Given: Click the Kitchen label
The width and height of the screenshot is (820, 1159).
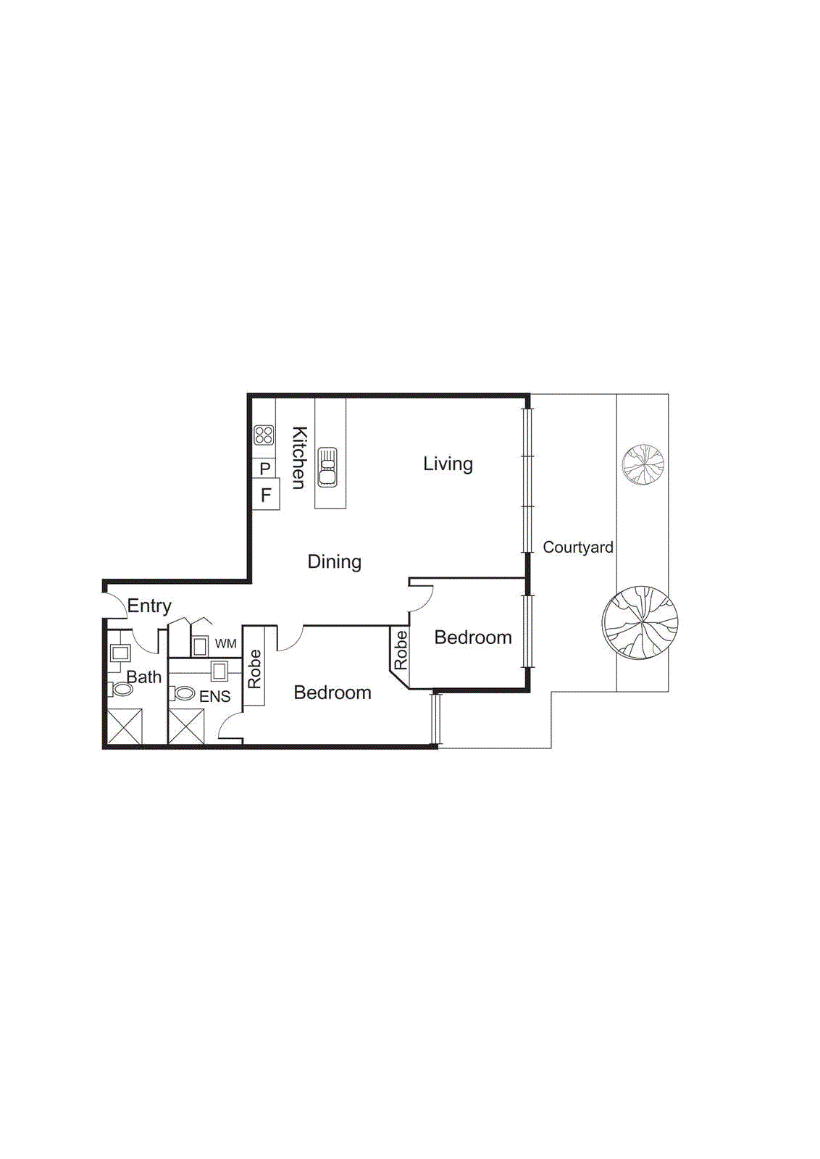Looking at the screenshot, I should point(298,457).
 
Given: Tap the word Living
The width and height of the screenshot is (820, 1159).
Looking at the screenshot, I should point(448,464).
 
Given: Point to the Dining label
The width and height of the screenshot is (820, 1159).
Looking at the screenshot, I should point(334,561).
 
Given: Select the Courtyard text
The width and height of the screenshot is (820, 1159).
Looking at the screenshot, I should point(578,547).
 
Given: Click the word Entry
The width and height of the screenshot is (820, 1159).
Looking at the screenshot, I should point(149,606).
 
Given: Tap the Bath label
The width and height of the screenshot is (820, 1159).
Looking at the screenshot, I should point(143,677).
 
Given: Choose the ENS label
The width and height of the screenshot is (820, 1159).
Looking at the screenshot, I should point(214,696).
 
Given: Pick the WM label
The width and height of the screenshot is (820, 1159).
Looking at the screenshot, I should point(225,643).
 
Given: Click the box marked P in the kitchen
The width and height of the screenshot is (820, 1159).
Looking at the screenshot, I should point(265,469).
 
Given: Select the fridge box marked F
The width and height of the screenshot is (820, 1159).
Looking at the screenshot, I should point(266,495).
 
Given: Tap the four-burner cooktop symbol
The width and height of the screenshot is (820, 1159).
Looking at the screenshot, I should point(264,435).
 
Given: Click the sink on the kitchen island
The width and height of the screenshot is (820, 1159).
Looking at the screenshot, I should point(328,467).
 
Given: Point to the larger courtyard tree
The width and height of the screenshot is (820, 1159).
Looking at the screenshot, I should point(640,622).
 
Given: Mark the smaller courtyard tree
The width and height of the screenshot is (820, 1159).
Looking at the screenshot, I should point(643,464).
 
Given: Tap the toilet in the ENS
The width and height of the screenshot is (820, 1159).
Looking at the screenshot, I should point(184,694).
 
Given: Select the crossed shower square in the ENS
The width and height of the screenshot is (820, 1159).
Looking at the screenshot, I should point(186,727).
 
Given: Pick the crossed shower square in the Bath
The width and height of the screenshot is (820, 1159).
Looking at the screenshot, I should point(125,727).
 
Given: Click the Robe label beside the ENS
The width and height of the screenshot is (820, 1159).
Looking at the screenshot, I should point(254,668).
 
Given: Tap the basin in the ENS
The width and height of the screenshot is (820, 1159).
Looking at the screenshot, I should point(219,671).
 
